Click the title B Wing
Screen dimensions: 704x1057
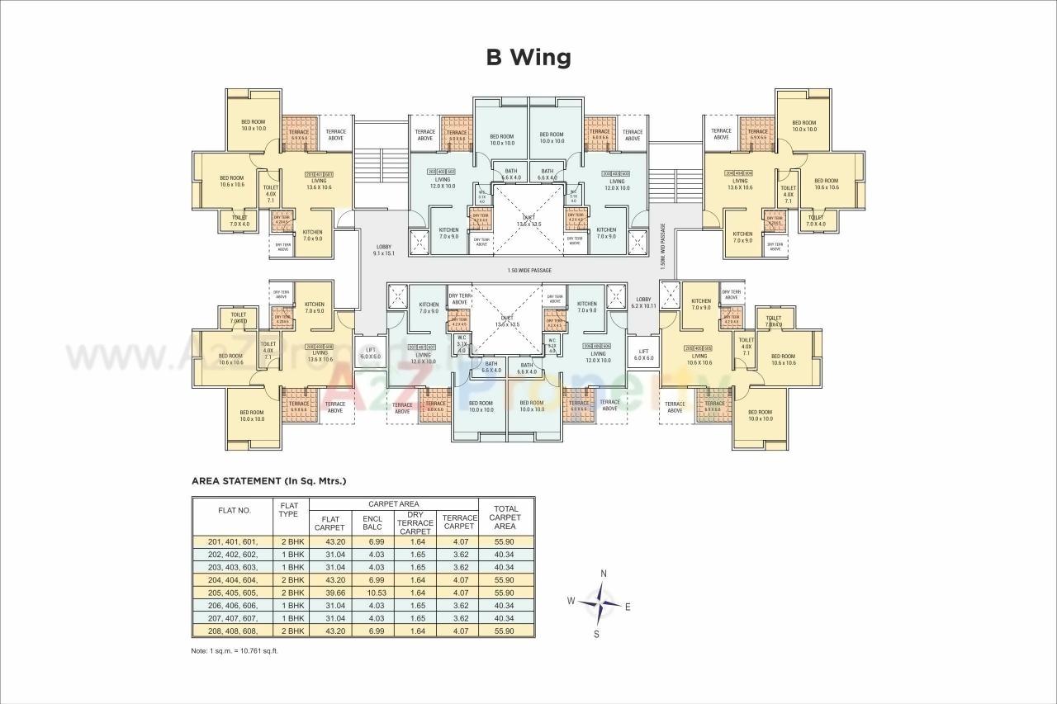[528, 57]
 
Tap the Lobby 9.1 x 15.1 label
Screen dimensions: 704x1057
[383, 250]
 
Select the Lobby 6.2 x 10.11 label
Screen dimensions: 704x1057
[643, 302]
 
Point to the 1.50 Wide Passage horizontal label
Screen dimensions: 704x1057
[529, 270]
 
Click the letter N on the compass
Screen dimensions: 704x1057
[604, 574]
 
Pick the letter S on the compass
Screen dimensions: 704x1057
[596, 634]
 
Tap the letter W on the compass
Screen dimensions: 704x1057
[570, 601]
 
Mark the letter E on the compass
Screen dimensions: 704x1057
[628, 607]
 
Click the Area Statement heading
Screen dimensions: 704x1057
[268, 480]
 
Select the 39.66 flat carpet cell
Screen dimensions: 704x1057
[329, 593]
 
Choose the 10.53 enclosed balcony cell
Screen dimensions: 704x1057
[372, 593]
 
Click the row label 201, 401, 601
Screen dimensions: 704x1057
[234, 541]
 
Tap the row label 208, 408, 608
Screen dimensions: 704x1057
[234, 631]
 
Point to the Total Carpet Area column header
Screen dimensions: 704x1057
[505, 517]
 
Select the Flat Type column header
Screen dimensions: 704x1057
[289, 509]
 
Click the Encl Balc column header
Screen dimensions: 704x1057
[372, 522]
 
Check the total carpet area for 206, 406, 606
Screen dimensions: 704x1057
[505, 605]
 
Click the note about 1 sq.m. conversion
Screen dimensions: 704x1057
[235, 650]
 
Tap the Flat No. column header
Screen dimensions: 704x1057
[234, 510]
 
